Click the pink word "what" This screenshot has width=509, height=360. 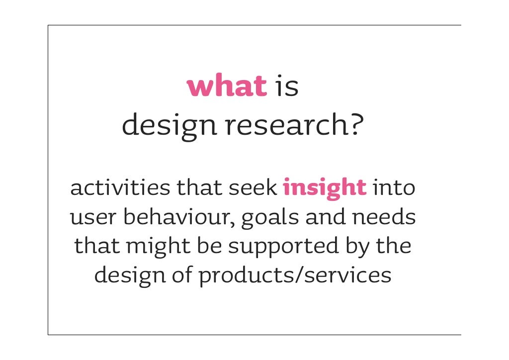(227, 86)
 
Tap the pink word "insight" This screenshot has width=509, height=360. (325, 189)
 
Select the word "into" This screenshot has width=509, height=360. (394, 188)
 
